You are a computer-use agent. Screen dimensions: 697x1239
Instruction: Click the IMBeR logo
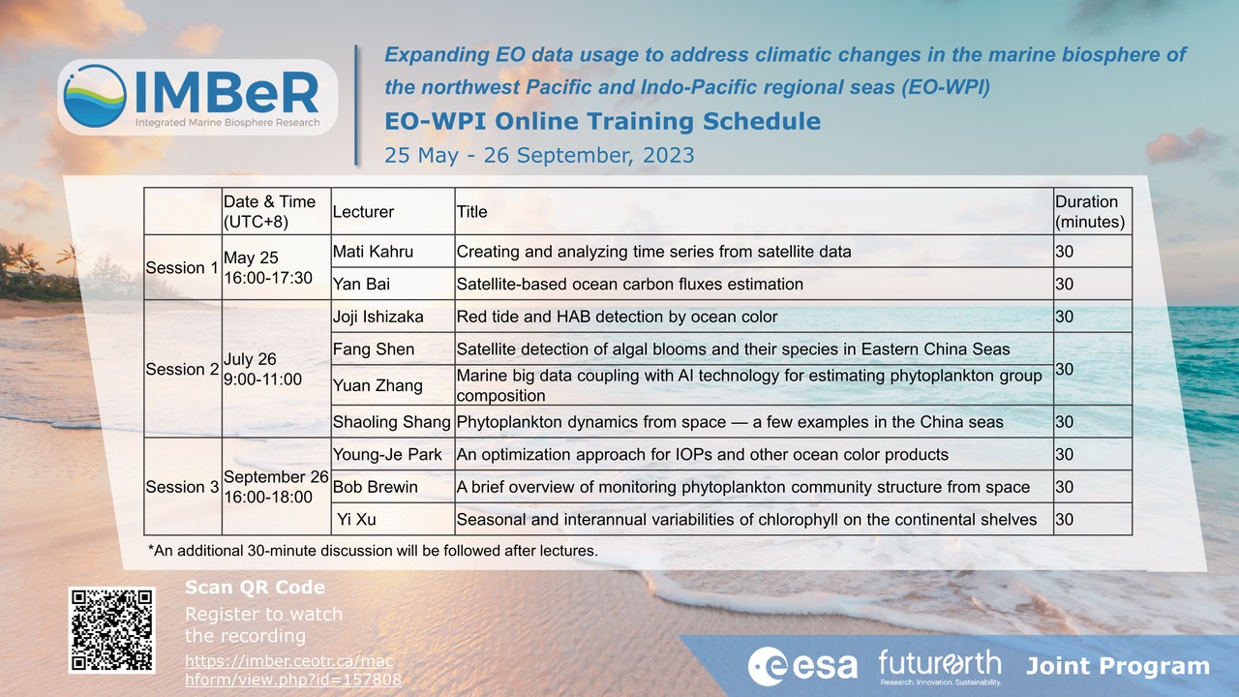197,97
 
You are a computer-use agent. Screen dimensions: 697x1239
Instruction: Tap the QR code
112,629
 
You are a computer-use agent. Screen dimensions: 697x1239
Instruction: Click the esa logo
802,666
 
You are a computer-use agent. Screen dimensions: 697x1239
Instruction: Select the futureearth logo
939,666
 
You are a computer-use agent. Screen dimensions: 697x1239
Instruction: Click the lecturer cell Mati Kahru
373,252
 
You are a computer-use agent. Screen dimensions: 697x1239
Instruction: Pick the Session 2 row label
182,369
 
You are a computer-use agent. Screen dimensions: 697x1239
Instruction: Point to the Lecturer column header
363,211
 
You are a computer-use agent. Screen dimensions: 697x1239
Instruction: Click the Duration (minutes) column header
1090,211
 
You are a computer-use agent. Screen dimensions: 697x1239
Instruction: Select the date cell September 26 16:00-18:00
275,487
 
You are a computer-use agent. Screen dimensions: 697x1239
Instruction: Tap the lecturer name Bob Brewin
375,487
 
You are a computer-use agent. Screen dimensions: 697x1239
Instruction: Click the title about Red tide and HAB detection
617,317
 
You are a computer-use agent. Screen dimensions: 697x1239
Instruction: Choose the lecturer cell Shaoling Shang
391,422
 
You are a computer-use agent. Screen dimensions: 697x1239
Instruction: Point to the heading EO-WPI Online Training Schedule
602,122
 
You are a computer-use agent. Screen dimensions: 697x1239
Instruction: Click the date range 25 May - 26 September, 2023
539,155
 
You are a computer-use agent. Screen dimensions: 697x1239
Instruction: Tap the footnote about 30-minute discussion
373,551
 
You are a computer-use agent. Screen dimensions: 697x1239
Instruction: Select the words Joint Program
1117,666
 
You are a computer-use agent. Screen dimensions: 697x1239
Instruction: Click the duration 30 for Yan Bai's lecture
1065,285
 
